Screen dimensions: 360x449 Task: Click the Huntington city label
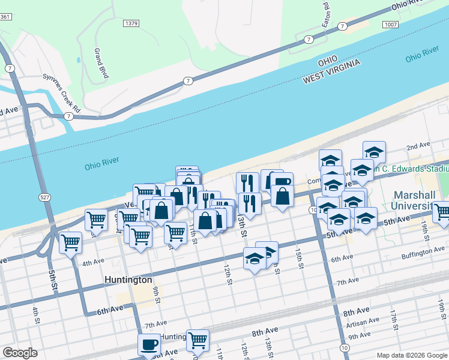tap(128, 280)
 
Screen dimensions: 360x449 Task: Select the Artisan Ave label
tap(362, 321)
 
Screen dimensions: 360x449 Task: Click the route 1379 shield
tap(131, 23)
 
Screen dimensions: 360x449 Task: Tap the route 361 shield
tap(5, 16)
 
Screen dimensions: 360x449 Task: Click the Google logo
tap(20, 353)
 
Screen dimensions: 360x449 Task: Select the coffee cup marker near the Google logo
tap(149, 344)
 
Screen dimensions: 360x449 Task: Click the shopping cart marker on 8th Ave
tap(197, 340)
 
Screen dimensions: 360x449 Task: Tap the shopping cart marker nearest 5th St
tap(70, 242)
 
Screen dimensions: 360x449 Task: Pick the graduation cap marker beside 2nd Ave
tap(374, 151)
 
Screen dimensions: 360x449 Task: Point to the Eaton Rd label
tap(327, 11)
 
